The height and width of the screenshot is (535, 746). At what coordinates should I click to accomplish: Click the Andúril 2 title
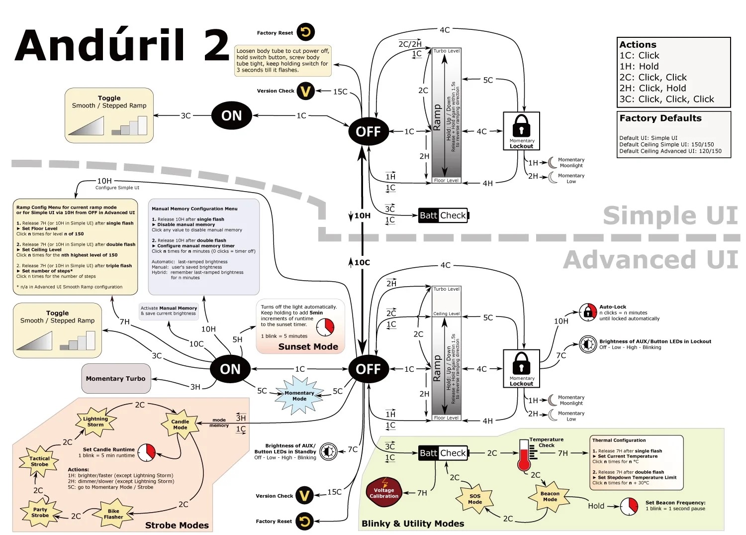[x=122, y=46]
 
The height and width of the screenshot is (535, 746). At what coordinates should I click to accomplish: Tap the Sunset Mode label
[x=308, y=347]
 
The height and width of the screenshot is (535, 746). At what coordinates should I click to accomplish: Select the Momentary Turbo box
[x=115, y=379]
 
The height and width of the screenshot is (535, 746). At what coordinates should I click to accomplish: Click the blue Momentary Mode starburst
[x=299, y=395]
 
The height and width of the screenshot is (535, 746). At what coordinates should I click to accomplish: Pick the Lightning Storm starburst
[x=95, y=422]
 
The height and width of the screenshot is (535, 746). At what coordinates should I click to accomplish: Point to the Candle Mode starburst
[x=180, y=425]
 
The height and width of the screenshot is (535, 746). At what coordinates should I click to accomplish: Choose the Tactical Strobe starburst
[x=39, y=461]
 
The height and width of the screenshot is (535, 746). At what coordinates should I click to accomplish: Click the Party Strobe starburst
[x=40, y=513]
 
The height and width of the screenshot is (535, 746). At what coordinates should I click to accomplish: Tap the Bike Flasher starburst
[x=113, y=514]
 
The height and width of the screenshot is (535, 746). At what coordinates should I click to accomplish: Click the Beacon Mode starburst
[x=550, y=497]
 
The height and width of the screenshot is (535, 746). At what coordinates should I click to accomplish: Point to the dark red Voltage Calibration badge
[x=384, y=493]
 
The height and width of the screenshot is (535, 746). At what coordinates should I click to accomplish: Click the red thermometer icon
[x=524, y=455]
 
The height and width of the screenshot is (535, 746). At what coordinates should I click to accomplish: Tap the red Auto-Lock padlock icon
[x=588, y=313]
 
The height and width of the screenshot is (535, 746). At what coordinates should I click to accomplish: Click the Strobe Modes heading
[x=177, y=526]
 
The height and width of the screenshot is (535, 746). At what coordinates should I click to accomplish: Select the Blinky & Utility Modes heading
[x=413, y=524]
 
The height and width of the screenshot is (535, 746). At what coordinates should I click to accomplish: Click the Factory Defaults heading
[x=660, y=118]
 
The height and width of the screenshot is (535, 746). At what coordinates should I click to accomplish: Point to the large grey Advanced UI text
[x=651, y=260]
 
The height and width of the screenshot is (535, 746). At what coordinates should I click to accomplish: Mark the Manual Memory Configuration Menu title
[x=194, y=209]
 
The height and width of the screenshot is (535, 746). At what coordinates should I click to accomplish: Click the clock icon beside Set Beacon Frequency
[x=629, y=506]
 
